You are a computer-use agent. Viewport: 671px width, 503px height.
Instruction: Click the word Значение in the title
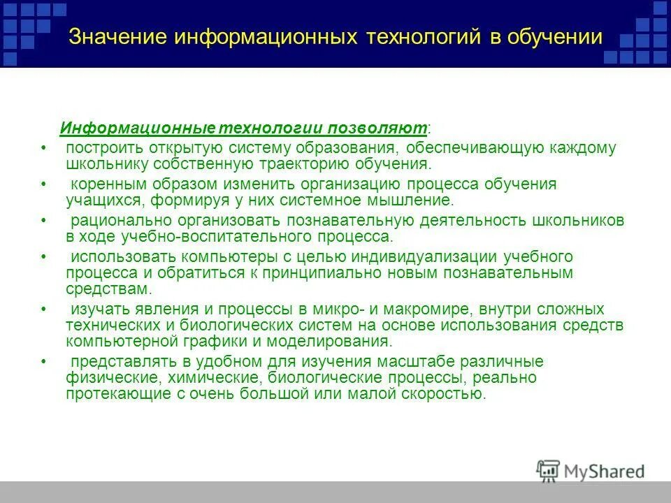point(115,37)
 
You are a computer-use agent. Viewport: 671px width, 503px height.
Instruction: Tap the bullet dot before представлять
point(43,362)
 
